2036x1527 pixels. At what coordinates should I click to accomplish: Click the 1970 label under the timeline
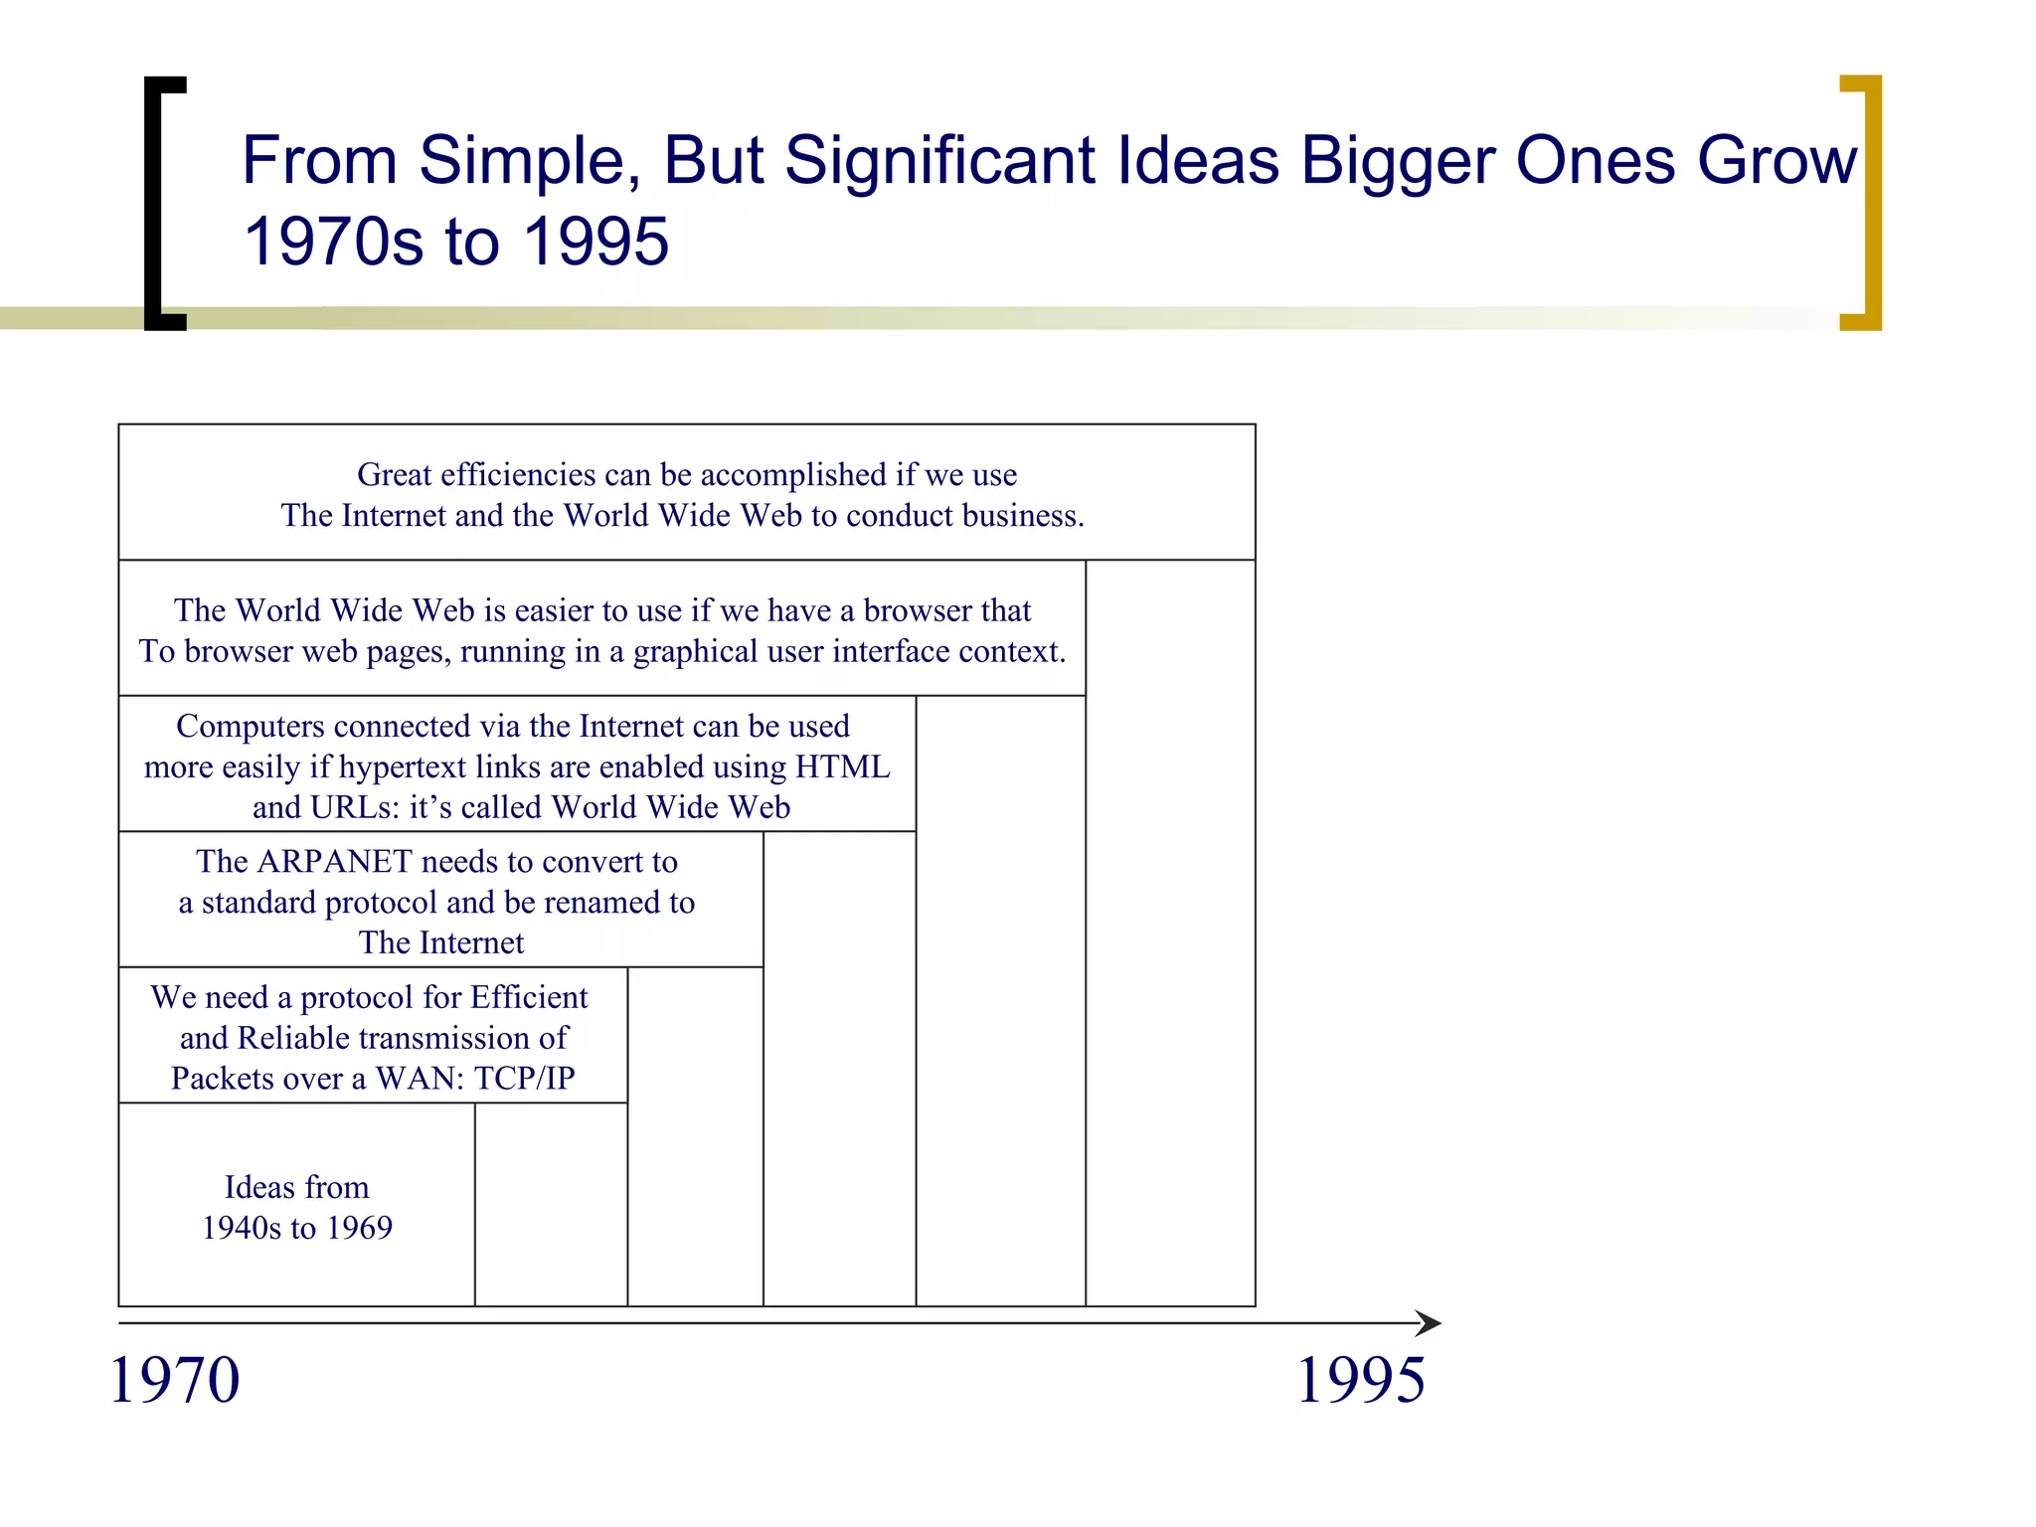pyautogui.click(x=175, y=1381)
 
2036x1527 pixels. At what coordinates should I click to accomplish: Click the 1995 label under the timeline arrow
pyautogui.click(x=1361, y=1381)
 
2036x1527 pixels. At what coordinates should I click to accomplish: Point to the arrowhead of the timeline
pyautogui.click(x=1430, y=1323)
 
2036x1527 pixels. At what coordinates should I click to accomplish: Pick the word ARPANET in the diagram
pyautogui.click(x=333, y=862)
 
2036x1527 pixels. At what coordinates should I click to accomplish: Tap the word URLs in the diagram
pyautogui.click(x=353, y=808)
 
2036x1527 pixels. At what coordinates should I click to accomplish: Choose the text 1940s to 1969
pyautogui.click(x=297, y=1229)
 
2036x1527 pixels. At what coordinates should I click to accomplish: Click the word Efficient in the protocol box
pyautogui.click(x=529, y=997)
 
